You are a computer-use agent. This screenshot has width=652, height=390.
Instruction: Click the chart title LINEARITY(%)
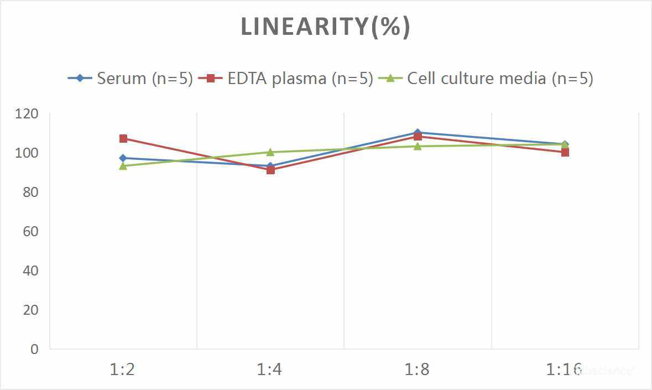coord(325,27)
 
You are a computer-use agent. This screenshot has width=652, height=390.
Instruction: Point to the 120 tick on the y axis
coord(27,114)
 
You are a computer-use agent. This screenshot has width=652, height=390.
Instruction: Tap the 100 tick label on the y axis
coord(27,153)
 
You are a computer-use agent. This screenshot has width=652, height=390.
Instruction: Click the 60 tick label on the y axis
coord(31,231)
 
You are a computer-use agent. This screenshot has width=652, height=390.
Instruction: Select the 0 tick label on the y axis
coord(35,349)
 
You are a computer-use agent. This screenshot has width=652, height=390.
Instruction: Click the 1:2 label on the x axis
coord(123,369)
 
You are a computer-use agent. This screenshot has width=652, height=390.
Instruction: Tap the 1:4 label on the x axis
coord(270,369)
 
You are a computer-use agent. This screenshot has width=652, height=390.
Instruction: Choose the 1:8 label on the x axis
coord(417,369)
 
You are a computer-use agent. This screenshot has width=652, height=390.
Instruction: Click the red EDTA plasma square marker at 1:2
coord(123,138)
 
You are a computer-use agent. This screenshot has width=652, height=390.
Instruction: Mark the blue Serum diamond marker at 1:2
coord(123,158)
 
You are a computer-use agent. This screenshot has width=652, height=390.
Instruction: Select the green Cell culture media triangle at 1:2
coord(123,166)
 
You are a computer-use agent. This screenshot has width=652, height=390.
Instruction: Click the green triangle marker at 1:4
coord(270,152)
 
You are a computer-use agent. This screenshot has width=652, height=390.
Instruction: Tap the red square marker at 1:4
coord(270,170)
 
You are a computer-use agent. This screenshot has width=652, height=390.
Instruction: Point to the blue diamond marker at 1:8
coord(417,133)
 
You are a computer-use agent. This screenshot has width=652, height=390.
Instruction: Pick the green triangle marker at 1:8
coord(418,146)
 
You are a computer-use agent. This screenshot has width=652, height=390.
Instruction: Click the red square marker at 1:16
coord(565,152)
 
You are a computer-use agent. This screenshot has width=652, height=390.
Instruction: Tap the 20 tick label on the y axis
coord(31,310)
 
